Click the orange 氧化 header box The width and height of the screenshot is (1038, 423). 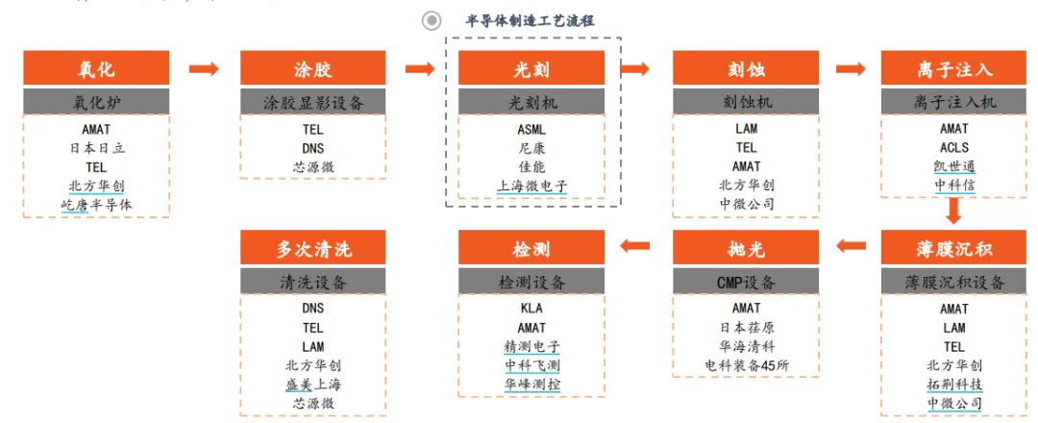tap(96, 69)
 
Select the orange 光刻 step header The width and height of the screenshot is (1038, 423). tap(531, 69)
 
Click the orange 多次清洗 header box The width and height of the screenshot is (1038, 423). tap(313, 248)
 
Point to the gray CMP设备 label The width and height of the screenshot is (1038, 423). tap(746, 282)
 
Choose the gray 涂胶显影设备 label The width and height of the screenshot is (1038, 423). tap(313, 102)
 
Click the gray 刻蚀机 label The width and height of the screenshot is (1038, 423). tap(746, 102)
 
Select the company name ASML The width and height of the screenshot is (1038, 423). tap(531, 129)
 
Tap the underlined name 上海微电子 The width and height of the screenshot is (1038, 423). tap(531, 187)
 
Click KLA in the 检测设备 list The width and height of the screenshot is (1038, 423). tap(531, 309)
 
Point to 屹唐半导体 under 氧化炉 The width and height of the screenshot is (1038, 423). tap(96, 205)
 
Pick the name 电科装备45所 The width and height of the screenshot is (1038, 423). tap(746, 366)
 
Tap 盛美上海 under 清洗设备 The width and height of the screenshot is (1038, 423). tap(313, 385)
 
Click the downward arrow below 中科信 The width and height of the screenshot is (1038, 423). tap(954, 211)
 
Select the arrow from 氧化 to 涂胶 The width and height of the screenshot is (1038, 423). tap(205, 69)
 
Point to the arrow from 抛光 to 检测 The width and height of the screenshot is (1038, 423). tap(637, 248)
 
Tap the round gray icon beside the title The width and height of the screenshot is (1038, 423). tap(432, 20)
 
